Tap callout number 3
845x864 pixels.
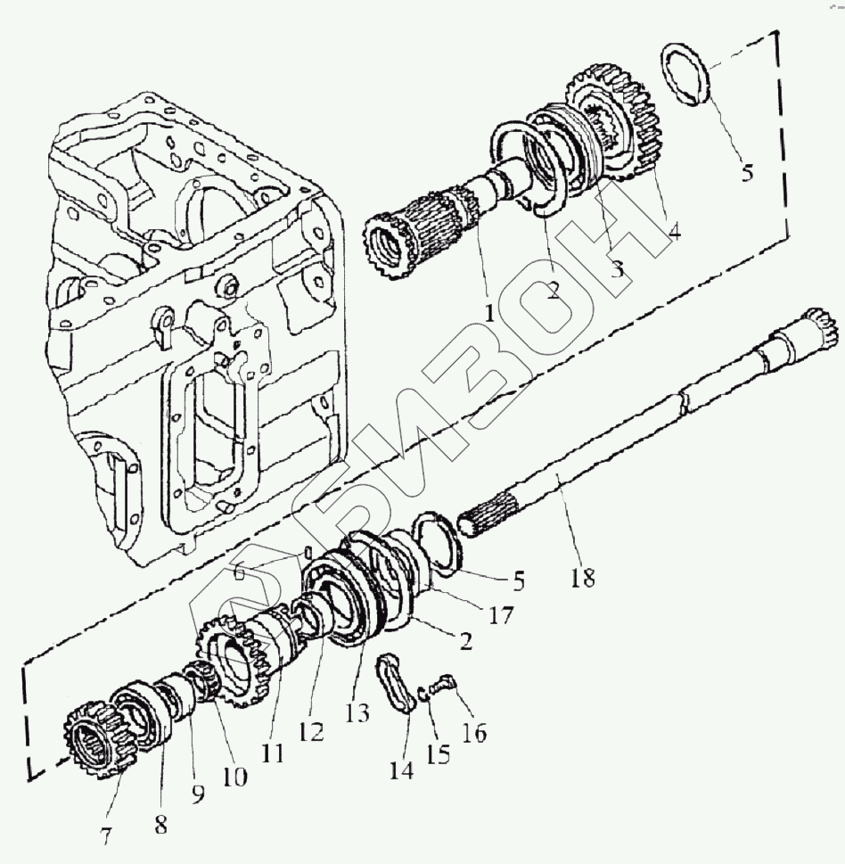click(x=617, y=268)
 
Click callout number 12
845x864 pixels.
click(x=311, y=731)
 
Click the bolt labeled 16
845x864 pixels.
click(x=441, y=687)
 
